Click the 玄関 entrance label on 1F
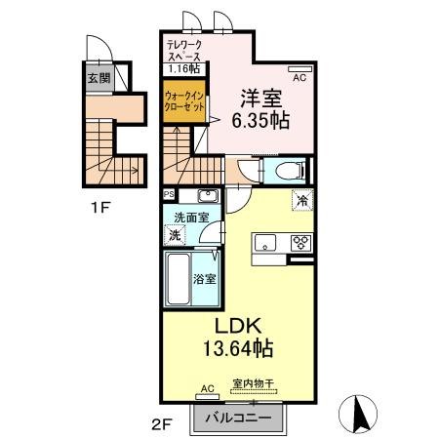coord(99,79)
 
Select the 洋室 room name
coord(260,97)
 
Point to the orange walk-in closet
coord(182,103)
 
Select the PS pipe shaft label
coord(168,194)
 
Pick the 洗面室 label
coord(190,217)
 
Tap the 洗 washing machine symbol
coord(174,235)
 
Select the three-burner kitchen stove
coord(300,243)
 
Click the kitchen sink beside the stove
coord(265,242)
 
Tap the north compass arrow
coord(359,416)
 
